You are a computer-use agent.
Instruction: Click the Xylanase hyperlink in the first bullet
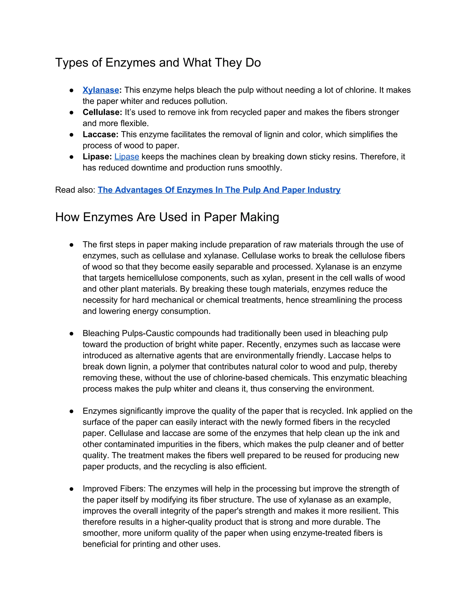pos(101,90)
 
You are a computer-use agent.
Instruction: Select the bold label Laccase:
pos(100,134)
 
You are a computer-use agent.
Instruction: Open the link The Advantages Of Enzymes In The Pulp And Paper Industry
pos(219,190)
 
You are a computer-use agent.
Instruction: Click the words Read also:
pos(75,190)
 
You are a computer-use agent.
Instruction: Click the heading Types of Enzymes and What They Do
pos(158,62)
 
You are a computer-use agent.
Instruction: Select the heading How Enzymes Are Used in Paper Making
pos(167,217)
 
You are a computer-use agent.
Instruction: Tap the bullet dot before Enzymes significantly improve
pos(71,411)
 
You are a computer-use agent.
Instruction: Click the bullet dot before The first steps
pos(71,245)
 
